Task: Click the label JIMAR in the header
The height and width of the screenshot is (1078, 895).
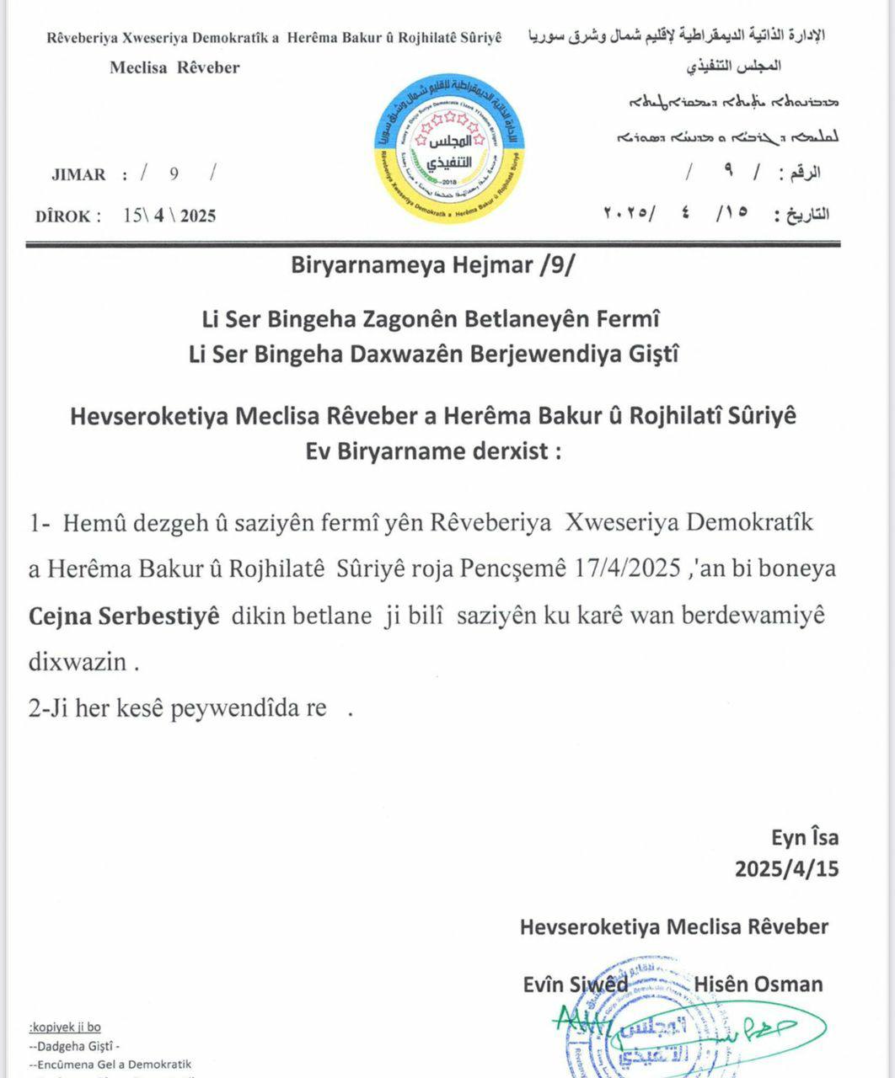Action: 78,175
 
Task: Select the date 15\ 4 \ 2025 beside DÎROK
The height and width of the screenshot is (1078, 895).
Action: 169,216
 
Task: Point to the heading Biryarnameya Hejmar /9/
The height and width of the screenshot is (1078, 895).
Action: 434,265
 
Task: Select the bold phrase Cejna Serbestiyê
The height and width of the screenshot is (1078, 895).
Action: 125,616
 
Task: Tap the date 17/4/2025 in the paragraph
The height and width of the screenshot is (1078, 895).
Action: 629,568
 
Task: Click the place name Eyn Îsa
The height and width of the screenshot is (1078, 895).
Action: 805,837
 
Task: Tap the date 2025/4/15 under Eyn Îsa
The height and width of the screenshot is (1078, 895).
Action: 786,868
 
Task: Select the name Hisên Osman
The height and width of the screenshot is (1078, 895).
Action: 758,984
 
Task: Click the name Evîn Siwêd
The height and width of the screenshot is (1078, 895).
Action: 575,984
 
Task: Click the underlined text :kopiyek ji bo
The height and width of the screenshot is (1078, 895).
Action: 65,1027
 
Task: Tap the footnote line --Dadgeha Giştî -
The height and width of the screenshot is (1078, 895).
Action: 74,1047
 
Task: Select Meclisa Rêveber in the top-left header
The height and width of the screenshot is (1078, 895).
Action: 174,67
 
